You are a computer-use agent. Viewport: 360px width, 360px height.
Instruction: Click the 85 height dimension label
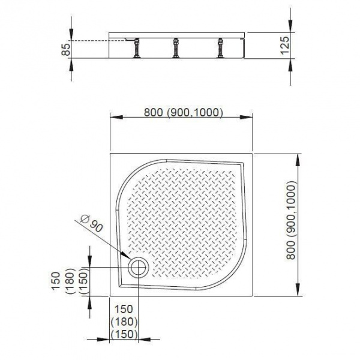[x=66, y=49]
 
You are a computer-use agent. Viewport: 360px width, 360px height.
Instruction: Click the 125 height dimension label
[x=286, y=45]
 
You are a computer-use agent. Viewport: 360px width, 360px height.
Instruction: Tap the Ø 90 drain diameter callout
[x=92, y=224]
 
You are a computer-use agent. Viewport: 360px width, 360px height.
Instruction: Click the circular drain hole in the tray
[x=139, y=267]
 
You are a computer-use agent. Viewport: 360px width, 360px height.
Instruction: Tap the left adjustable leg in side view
[x=137, y=48]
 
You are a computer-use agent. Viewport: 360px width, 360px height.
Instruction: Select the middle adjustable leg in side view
[x=176, y=48]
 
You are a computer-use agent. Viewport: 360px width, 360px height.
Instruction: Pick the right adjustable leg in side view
[x=221, y=48]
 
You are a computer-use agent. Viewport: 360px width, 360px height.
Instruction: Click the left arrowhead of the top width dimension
[x=116, y=117]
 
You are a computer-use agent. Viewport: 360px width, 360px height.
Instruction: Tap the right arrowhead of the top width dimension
[x=247, y=117]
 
